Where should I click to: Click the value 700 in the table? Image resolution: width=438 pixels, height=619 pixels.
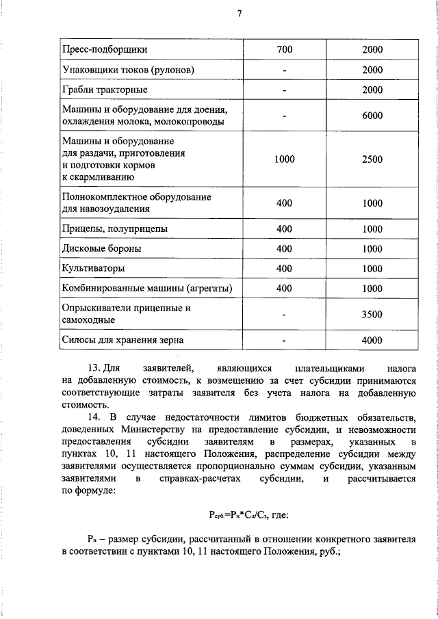click(x=284, y=50)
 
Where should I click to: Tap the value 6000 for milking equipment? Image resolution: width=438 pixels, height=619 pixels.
click(x=372, y=116)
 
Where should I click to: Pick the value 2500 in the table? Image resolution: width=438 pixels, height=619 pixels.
click(x=372, y=159)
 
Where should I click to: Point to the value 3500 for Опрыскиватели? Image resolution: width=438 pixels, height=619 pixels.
click(x=372, y=315)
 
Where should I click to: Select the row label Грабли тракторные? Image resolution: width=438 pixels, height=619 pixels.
click(x=105, y=90)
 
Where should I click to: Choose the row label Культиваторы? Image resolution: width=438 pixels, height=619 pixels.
click(x=93, y=269)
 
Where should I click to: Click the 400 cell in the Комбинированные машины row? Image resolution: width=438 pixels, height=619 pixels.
click(x=284, y=289)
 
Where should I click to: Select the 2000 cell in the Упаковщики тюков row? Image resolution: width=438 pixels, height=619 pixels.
click(x=372, y=70)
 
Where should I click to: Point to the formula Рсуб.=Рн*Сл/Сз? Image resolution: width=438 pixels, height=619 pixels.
click(x=244, y=514)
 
